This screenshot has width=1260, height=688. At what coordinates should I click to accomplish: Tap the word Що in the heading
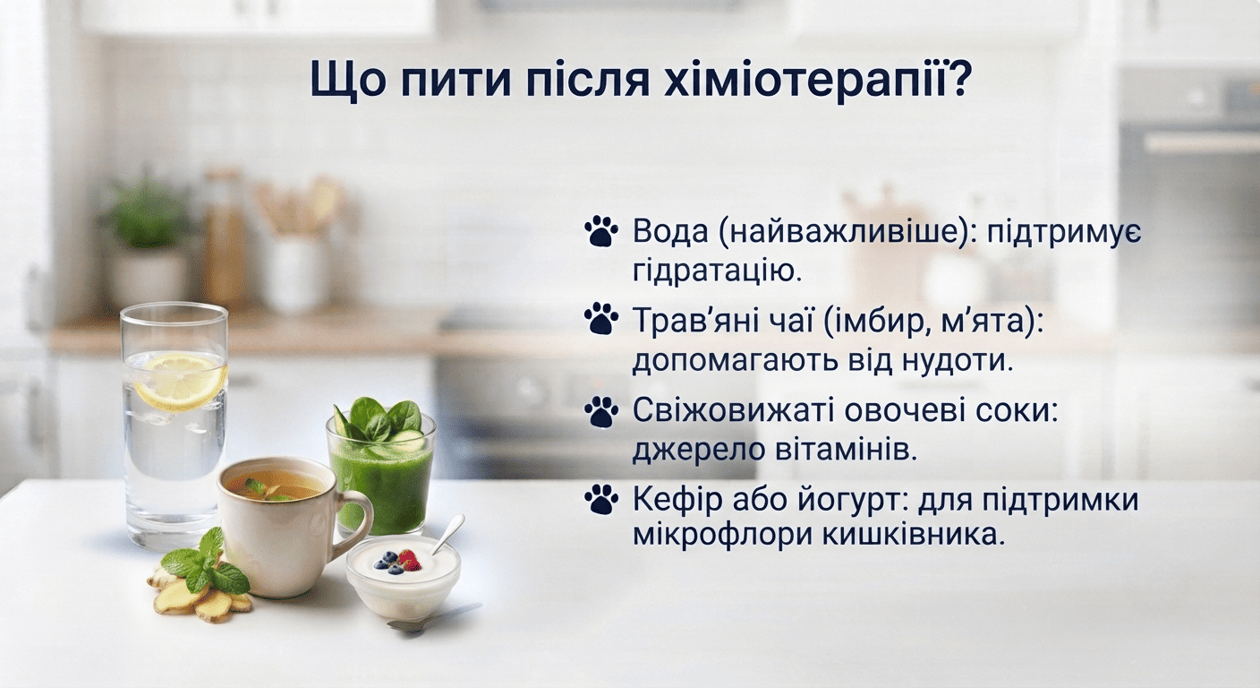coord(344,81)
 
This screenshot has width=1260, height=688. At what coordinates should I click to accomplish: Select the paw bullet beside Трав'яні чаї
coord(600,320)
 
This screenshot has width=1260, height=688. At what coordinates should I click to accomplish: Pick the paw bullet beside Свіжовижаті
coord(600,411)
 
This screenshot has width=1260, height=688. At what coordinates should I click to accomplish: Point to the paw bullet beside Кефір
coord(600,499)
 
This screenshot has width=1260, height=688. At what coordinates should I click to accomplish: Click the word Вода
coord(670,231)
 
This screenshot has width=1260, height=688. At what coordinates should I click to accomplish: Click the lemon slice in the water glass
coord(180,381)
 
